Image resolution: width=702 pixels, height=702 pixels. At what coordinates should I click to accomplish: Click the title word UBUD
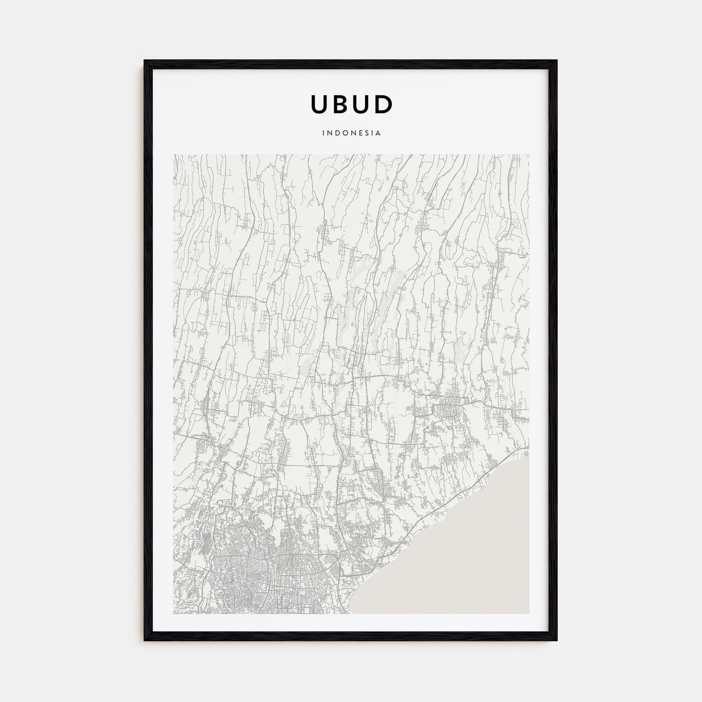[352, 104]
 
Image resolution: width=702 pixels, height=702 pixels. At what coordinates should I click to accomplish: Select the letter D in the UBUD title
[384, 104]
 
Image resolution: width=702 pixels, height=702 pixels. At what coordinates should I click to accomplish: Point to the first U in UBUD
[319, 104]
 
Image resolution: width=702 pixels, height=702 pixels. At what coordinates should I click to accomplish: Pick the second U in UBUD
[362, 104]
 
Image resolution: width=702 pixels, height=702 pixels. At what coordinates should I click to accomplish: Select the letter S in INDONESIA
[366, 133]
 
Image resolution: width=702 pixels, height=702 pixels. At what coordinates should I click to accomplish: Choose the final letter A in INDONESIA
[379, 133]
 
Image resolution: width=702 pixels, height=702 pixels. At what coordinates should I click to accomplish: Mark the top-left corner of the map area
[173, 154]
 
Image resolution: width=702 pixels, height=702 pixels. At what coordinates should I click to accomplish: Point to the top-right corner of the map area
[529, 154]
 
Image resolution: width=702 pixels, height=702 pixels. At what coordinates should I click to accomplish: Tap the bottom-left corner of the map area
[173, 614]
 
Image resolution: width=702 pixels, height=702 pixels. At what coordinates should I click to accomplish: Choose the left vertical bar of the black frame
[147, 351]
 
